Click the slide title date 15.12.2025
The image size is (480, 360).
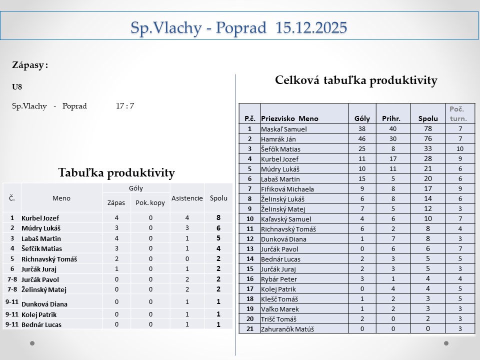click(x=310, y=27)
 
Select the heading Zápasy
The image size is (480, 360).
click(x=30, y=65)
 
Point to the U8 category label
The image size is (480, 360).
click(x=17, y=86)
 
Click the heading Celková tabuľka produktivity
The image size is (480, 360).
click(x=356, y=80)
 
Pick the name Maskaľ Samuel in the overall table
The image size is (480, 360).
click(x=283, y=129)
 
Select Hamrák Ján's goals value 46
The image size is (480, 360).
click(x=362, y=139)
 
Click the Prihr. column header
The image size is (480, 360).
click(x=391, y=119)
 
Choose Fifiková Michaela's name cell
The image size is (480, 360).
click(x=287, y=189)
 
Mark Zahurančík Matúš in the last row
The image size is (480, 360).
click(x=288, y=329)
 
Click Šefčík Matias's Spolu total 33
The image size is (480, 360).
click(x=427, y=148)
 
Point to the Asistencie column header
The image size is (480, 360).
click(x=187, y=198)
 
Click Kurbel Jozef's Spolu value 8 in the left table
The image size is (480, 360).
click(x=218, y=218)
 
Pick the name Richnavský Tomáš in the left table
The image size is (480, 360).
click(x=49, y=259)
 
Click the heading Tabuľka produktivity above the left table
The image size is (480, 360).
click(x=116, y=173)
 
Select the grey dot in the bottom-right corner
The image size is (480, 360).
click(x=446, y=343)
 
